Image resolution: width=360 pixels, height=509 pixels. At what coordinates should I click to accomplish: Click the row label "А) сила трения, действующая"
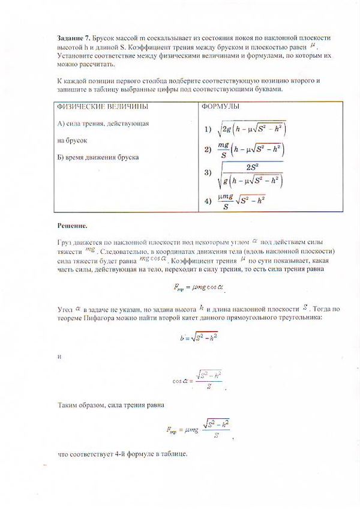point(102,123)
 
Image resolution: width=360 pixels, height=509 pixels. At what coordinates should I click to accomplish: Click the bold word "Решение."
point(72,226)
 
